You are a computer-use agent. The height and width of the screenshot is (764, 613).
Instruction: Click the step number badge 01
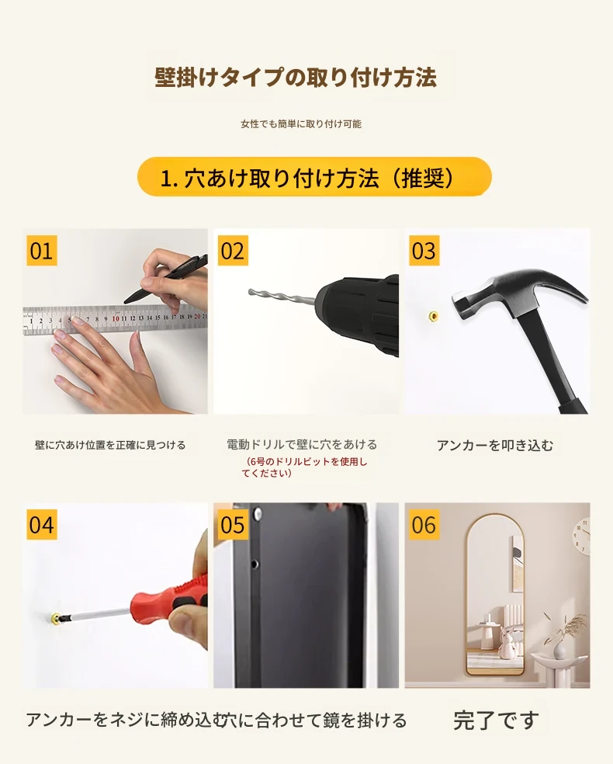(41, 251)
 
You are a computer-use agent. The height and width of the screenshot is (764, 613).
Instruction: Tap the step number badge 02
(233, 251)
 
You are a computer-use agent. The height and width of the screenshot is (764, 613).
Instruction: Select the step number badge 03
(424, 251)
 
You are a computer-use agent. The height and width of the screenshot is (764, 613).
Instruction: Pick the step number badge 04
(41, 524)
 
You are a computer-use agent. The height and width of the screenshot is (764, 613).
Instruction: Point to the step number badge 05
(233, 524)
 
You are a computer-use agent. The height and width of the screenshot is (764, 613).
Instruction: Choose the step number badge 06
(424, 524)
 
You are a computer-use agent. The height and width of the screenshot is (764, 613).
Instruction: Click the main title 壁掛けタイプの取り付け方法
(296, 78)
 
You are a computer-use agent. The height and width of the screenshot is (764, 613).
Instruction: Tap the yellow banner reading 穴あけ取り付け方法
(314, 177)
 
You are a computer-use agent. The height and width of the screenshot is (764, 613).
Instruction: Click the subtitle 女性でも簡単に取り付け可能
(301, 123)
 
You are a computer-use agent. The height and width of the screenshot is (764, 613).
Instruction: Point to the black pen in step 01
(165, 280)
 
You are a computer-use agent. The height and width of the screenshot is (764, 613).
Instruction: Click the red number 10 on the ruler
(116, 318)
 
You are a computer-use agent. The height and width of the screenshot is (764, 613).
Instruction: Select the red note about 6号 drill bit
(304, 467)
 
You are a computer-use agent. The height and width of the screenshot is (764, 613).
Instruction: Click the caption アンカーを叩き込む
(495, 446)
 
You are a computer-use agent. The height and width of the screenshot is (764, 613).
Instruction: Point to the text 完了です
(496, 721)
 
